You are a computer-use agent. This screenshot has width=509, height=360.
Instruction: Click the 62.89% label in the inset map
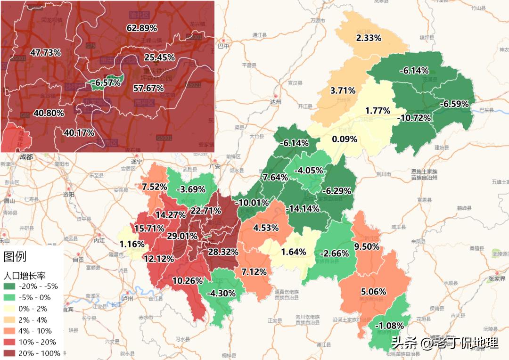coord(142,28)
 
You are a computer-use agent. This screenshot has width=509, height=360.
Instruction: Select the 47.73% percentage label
coord(45,52)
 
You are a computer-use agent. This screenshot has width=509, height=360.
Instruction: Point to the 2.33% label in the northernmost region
coord(369,38)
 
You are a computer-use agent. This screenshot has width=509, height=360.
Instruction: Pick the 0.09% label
coord(344,139)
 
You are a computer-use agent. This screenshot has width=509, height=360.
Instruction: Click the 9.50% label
coord(367,246)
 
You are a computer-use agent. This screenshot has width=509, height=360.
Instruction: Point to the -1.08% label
coord(389,326)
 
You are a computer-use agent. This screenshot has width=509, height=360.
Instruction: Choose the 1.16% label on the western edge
coord(132,244)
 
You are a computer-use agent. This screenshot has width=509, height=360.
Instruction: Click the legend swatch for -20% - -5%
coord(9,286)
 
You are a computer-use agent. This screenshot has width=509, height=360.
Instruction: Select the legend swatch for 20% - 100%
coord(9,353)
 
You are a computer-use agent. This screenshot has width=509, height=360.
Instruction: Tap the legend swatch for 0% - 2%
coord(9,308)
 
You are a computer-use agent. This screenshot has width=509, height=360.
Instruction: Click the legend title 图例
coord(15,257)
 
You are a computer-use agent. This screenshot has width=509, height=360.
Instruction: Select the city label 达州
coord(275,102)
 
